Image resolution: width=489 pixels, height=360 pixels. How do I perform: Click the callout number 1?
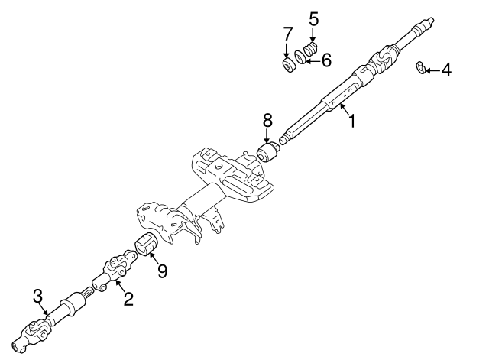tap(352, 121)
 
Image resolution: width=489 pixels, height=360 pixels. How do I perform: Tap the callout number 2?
tap(128, 299)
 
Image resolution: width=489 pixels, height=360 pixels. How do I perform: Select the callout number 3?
tap(36, 296)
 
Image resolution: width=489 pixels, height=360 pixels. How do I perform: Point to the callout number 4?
tap(446, 71)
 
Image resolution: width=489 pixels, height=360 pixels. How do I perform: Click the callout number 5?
tap(313, 18)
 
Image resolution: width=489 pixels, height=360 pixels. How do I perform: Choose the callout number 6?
tap(326, 60)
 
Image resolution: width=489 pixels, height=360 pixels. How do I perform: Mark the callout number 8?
tap(267, 119)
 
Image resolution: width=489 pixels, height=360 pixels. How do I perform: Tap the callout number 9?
tap(162, 270)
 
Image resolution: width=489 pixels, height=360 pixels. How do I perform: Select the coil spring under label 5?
tap(310, 50)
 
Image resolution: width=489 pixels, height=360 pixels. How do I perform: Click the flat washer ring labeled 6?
tap(303, 60)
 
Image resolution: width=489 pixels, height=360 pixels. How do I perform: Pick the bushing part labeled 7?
tap(289, 67)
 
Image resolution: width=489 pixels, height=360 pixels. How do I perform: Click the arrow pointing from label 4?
tap(432, 71)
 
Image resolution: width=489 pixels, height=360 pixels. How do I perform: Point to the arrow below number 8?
tap(267, 135)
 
